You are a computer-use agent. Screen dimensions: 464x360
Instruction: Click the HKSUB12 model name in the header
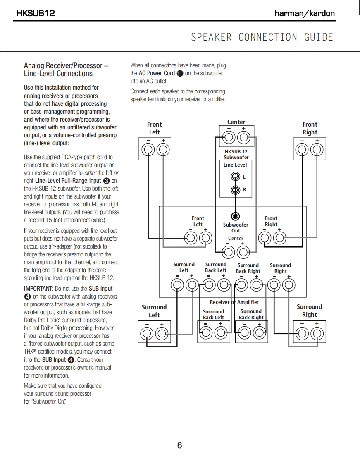click(36, 13)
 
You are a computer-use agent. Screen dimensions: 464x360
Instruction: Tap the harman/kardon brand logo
click(305, 13)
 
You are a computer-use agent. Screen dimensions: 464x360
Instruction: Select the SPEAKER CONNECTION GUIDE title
click(262, 37)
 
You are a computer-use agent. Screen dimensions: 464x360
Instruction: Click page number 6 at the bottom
click(180, 445)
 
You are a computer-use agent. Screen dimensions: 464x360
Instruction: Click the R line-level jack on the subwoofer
click(236, 190)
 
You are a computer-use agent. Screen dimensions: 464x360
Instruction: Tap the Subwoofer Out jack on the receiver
click(236, 216)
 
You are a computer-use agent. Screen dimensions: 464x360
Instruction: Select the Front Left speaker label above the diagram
click(155, 128)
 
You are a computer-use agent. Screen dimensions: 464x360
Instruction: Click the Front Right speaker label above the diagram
click(310, 128)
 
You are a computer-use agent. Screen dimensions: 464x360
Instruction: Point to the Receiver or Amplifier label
click(234, 302)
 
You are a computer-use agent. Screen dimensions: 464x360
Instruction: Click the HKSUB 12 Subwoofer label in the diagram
click(236, 154)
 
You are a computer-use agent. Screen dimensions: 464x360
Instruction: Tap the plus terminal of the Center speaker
click(244, 138)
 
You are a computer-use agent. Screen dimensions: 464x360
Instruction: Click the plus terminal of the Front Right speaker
click(317, 150)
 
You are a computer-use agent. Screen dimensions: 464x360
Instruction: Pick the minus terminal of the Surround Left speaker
click(147, 333)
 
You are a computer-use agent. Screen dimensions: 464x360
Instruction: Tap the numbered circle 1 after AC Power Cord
click(179, 73)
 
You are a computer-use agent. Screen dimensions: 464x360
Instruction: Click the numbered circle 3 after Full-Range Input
click(107, 181)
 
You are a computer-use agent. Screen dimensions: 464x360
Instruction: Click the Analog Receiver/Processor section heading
click(66, 69)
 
